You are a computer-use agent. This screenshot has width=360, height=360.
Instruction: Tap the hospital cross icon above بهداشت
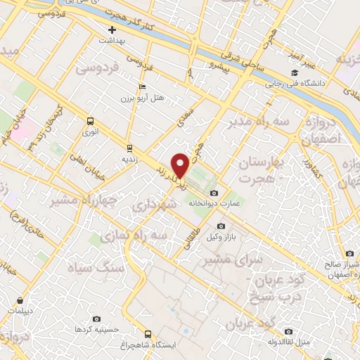[x=112, y=30]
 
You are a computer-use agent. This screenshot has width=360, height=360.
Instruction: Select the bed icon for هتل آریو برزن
[x=143, y=86]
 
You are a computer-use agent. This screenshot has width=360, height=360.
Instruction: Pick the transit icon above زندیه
[x=129, y=148]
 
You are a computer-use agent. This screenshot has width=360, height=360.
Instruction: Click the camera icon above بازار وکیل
[x=221, y=226]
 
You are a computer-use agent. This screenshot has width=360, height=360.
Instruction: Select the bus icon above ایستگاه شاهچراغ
[x=148, y=334]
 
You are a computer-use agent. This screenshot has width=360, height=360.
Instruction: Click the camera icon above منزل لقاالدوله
[x=288, y=331]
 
